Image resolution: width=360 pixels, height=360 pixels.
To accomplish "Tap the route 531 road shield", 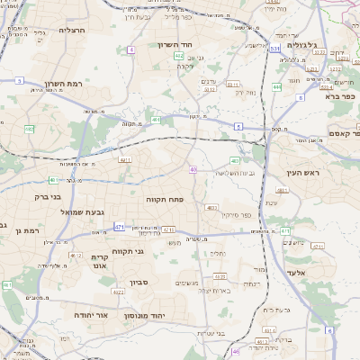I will point(274,49).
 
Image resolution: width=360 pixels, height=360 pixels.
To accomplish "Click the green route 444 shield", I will point(276,87).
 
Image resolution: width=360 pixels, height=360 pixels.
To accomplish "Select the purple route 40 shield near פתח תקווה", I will point(193,169).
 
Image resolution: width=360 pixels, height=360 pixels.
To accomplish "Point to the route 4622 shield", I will point(119,292).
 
